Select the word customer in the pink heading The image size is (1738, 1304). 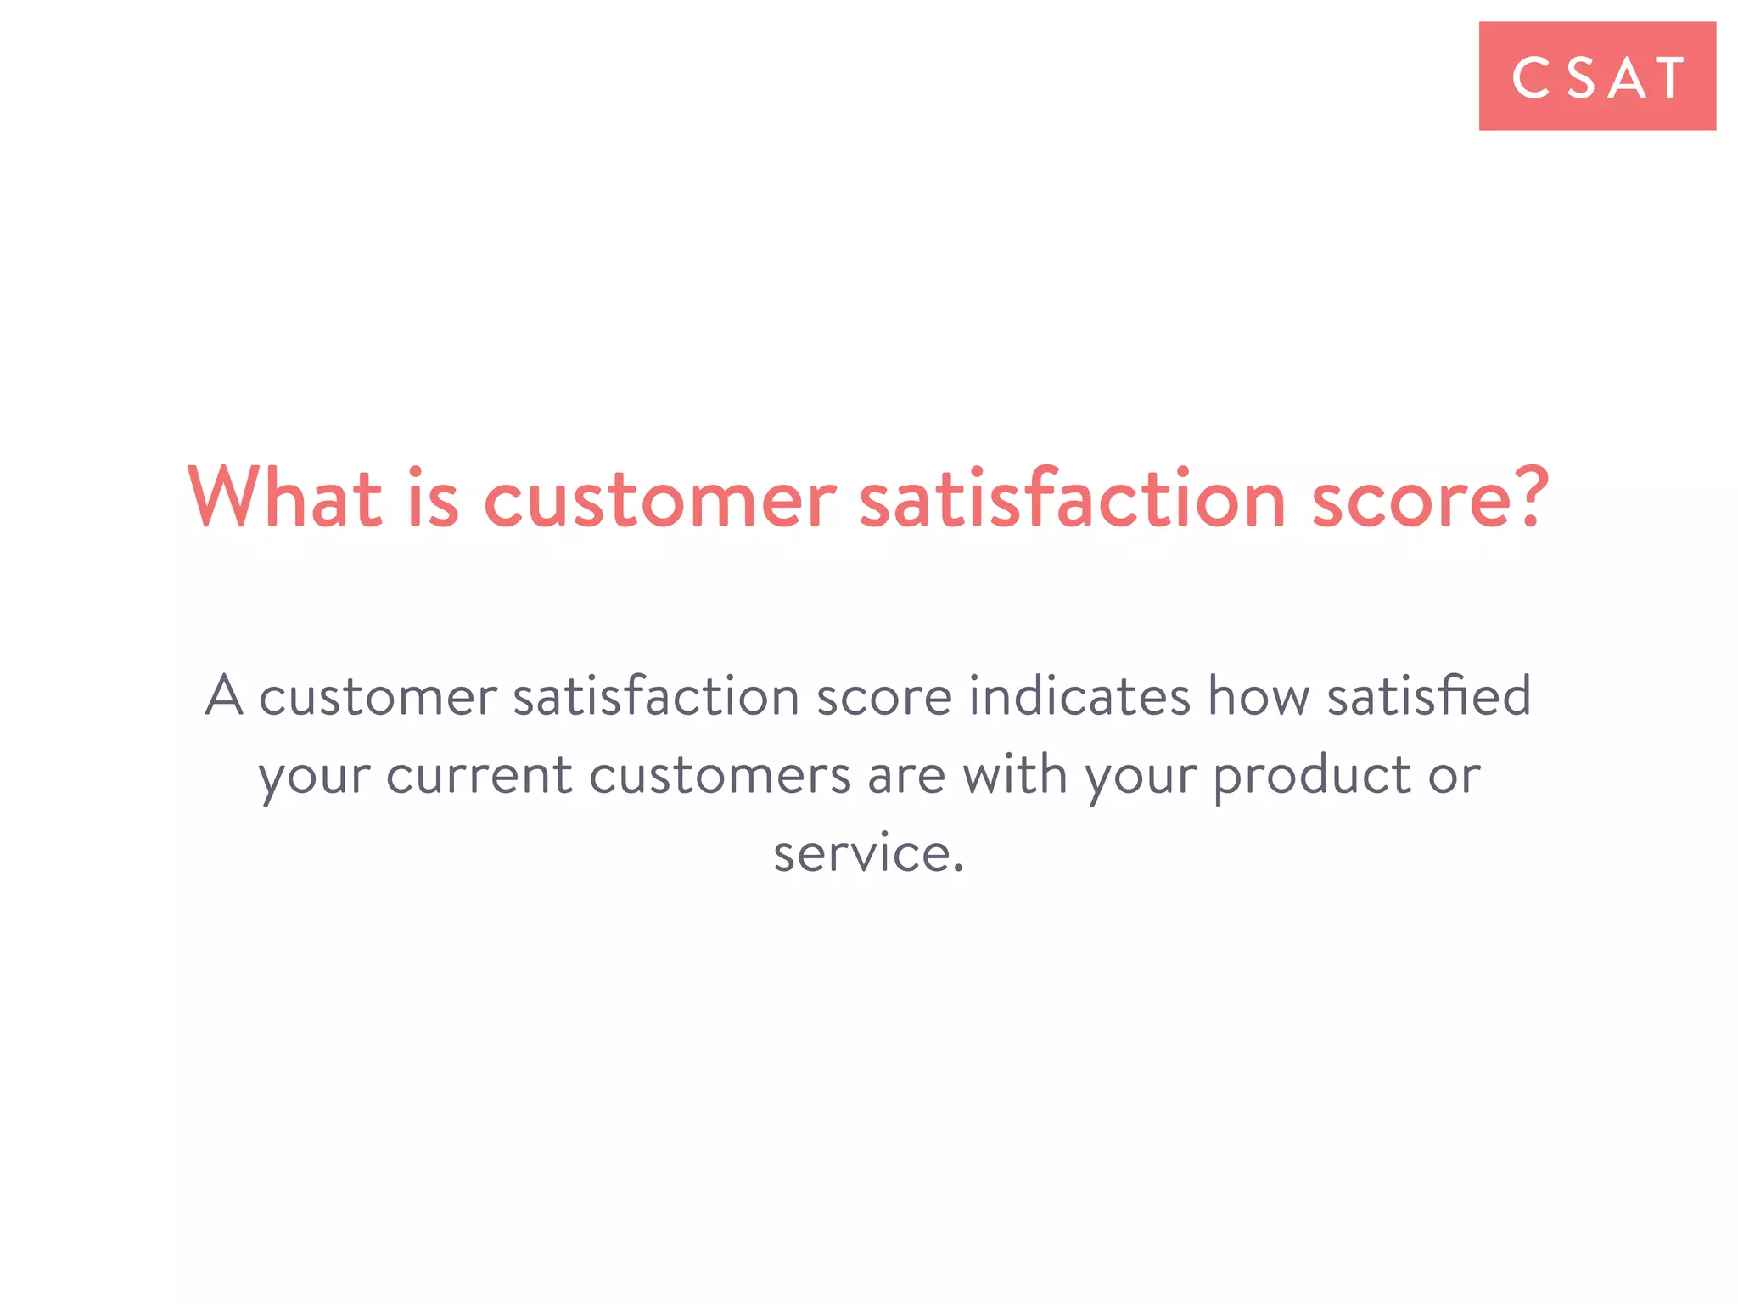click(x=660, y=499)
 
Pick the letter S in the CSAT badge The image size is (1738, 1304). click(x=1580, y=78)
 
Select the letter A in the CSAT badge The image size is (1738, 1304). click(x=1628, y=78)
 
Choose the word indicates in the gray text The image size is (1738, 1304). click(x=1079, y=696)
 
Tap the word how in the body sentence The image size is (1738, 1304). click(x=1259, y=696)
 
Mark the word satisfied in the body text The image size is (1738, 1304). click(x=1429, y=696)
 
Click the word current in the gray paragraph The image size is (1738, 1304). click(x=479, y=775)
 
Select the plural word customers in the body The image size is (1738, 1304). click(x=720, y=775)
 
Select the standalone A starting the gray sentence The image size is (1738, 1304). click(x=224, y=696)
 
